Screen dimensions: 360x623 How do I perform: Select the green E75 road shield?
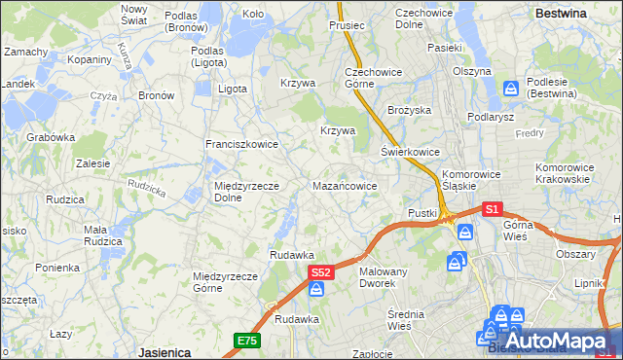click(246, 340)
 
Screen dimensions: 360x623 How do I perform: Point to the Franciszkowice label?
click(241, 144)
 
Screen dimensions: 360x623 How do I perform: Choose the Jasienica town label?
click(164, 351)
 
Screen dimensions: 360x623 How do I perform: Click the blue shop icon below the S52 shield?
click(317, 289)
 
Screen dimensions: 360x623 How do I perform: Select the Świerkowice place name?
click(410, 153)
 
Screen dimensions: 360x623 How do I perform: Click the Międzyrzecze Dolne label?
click(247, 192)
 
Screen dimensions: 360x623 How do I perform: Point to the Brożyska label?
click(409, 110)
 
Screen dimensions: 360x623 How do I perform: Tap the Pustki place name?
click(422, 212)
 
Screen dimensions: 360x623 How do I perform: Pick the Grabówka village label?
click(51, 137)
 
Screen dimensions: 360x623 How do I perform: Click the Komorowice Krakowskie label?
click(564, 173)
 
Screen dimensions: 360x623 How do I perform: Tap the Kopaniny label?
click(90, 59)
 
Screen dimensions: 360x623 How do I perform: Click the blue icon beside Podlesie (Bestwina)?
click(511, 89)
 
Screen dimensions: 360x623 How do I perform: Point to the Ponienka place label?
click(57, 267)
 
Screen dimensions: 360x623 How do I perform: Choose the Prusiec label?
click(347, 25)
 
